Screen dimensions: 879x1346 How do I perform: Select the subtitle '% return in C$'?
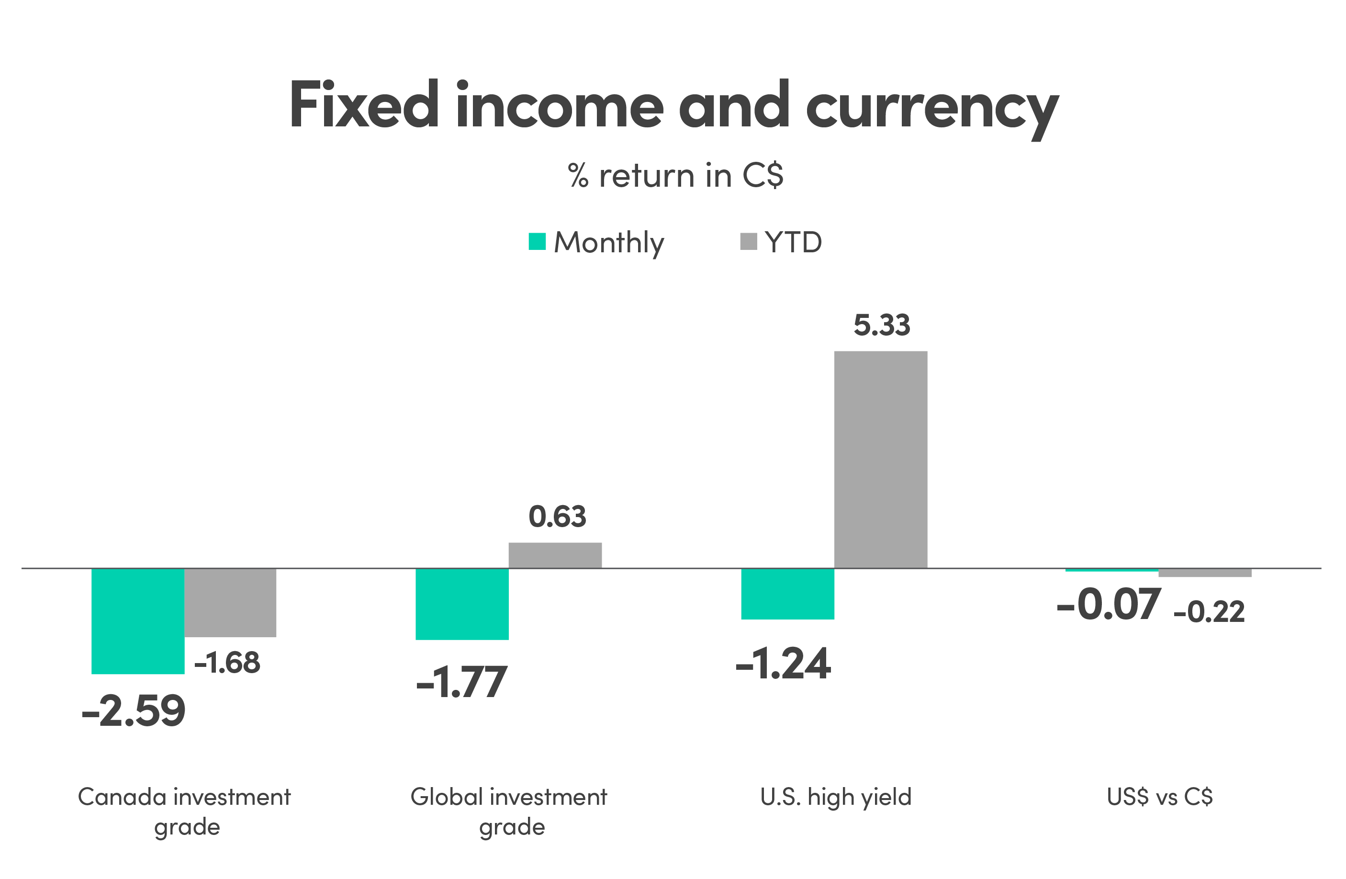[675, 175]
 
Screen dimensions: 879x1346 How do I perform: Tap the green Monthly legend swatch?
[537, 241]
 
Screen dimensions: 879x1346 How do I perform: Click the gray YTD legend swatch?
[748, 241]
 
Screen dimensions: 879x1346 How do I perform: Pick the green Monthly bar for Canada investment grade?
[138, 621]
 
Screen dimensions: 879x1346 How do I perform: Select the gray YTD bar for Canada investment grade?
[231, 602]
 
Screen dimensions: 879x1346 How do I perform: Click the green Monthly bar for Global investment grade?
[462, 604]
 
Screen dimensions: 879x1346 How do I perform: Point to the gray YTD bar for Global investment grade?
[555, 555]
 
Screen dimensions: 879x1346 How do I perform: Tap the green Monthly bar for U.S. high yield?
[787, 594]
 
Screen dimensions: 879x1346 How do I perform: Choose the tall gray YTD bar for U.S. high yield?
[881, 459]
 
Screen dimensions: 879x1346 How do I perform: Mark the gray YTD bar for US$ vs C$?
[1205, 573]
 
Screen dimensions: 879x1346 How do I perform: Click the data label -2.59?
[134, 711]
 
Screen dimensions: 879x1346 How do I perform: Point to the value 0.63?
[557, 517]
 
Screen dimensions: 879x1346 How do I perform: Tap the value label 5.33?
[882, 325]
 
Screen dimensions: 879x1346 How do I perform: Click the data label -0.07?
[1109, 605]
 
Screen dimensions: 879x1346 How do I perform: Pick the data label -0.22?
[1209, 612]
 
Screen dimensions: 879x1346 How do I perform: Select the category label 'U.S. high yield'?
[836, 797]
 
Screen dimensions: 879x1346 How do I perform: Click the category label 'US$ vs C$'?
[1160, 797]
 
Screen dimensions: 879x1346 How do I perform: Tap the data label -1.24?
[783, 664]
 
